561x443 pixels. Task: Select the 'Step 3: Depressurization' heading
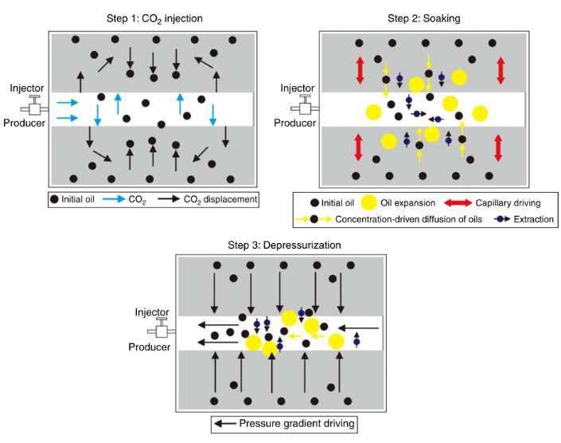(x=280, y=245)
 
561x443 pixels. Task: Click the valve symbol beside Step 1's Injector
(x=36, y=105)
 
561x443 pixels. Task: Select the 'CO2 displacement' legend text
(x=220, y=198)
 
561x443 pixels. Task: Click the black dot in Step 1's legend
(x=55, y=198)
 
